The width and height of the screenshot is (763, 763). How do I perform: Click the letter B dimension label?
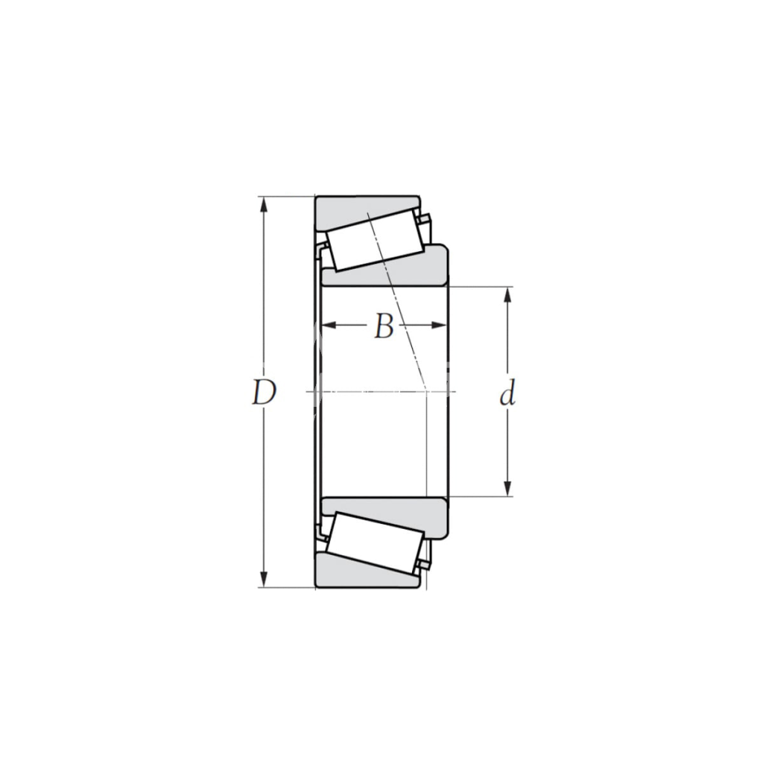coord(384,326)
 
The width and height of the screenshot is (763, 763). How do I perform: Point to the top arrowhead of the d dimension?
coord(507,294)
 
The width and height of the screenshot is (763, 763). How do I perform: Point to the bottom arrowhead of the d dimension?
coord(507,489)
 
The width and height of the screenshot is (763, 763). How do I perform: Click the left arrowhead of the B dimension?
coord(329,326)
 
